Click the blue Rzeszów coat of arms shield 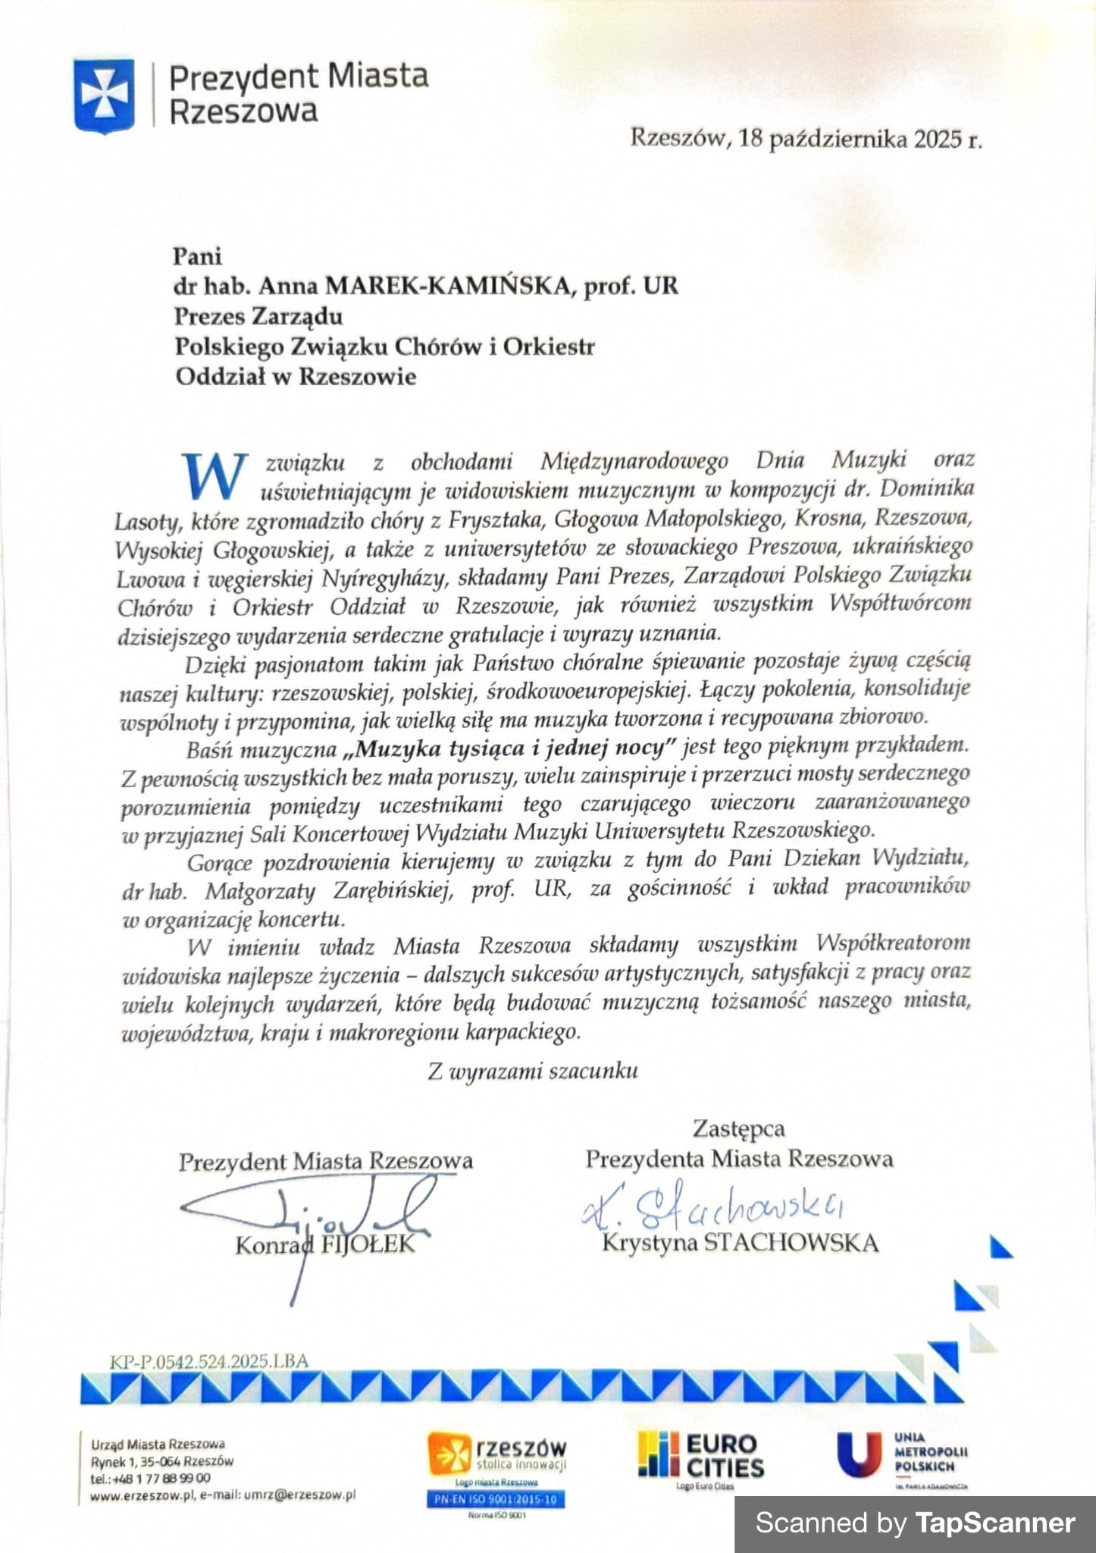coord(104,96)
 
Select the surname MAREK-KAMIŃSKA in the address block coord(446,286)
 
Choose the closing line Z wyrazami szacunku coord(532,1071)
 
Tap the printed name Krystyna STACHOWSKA coord(740,1243)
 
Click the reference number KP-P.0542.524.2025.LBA coord(209,1360)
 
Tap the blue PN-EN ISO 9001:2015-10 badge coord(496,1499)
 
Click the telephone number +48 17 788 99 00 coord(161,1478)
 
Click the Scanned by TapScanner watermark coord(915,1523)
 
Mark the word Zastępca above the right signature coord(738,1128)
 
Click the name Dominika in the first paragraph coord(926,488)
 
